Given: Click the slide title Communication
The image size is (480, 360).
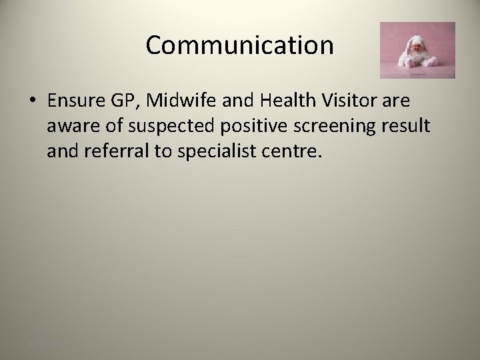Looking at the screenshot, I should pyautogui.click(x=239, y=45).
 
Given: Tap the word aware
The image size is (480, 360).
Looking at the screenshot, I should pyautogui.click(x=71, y=126).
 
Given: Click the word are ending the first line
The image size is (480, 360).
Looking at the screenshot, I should pyautogui.click(x=397, y=101).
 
